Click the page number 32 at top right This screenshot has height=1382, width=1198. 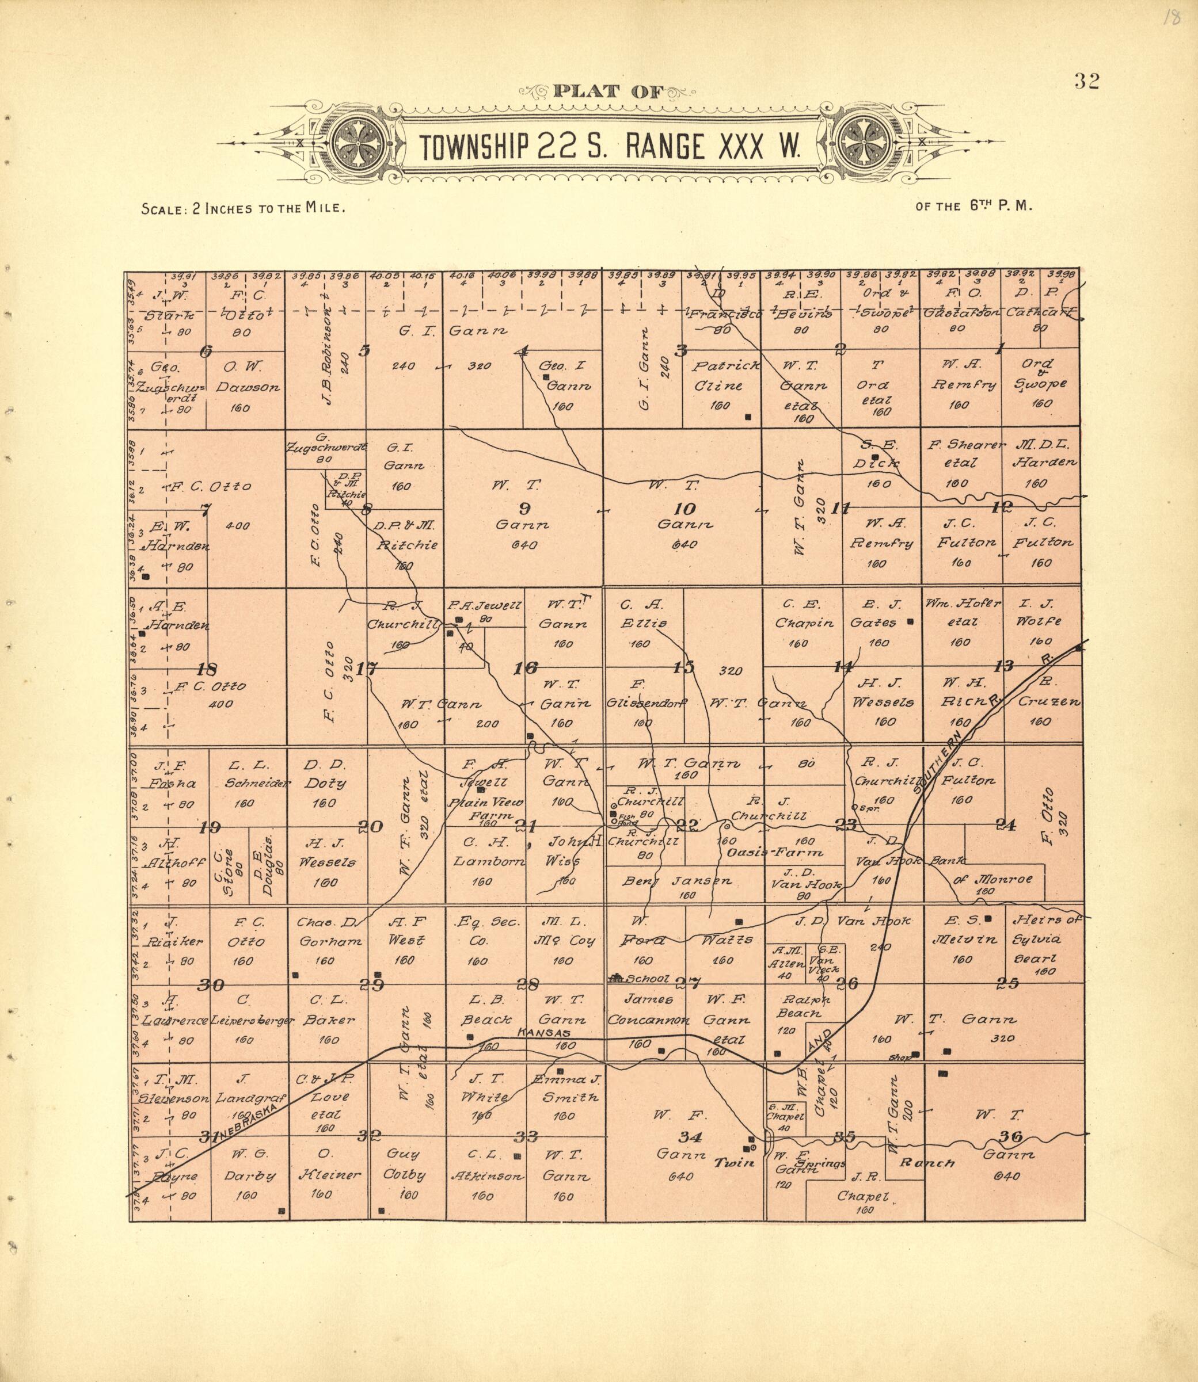(x=1086, y=81)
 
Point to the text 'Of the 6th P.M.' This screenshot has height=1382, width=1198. (x=974, y=207)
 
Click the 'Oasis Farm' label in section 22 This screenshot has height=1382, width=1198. (x=774, y=853)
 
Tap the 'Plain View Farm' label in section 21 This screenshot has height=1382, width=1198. (x=486, y=808)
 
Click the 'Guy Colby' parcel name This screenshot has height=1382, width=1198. (x=404, y=1163)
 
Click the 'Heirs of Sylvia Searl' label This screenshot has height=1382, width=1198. (x=1045, y=938)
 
